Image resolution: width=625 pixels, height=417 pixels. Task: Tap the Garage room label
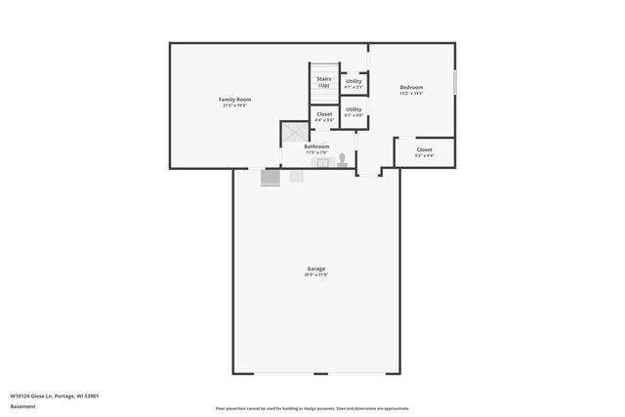pyautogui.click(x=315, y=268)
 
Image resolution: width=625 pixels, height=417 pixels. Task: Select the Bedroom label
pyautogui.click(x=411, y=88)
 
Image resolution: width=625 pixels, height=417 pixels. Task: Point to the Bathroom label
pyautogui.click(x=316, y=146)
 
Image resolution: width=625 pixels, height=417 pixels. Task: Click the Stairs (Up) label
pyautogui.click(x=323, y=82)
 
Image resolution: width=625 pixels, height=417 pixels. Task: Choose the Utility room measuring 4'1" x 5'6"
pyautogui.click(x=354, y=109)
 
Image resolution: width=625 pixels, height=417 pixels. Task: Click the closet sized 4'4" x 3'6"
pyautogui.click(x=324, y=114)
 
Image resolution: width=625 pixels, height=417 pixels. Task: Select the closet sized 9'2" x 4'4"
pyautogui.click(x=424, y=149)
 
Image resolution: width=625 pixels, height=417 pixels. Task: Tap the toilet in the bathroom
pyautogui.click(x=343, y=161)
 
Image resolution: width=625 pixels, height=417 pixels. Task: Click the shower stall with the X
pyautogui.click(x=293, y=134)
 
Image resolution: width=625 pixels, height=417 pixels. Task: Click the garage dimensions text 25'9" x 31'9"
pyautogui.click(x=315, y=274)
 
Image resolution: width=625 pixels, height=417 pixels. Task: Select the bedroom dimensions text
pyautogui.click(x=411, y=94)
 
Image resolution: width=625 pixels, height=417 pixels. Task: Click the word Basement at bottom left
pyautogui.click(x=22, y=406)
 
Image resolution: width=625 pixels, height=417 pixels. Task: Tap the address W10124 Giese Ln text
pyautogui.click(x=55, y=396)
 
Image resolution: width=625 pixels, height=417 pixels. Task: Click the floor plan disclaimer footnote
pyautogui.click(x=312, y=408)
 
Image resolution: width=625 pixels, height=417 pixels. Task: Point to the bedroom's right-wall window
pyautogui.click(x=455, y=83)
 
